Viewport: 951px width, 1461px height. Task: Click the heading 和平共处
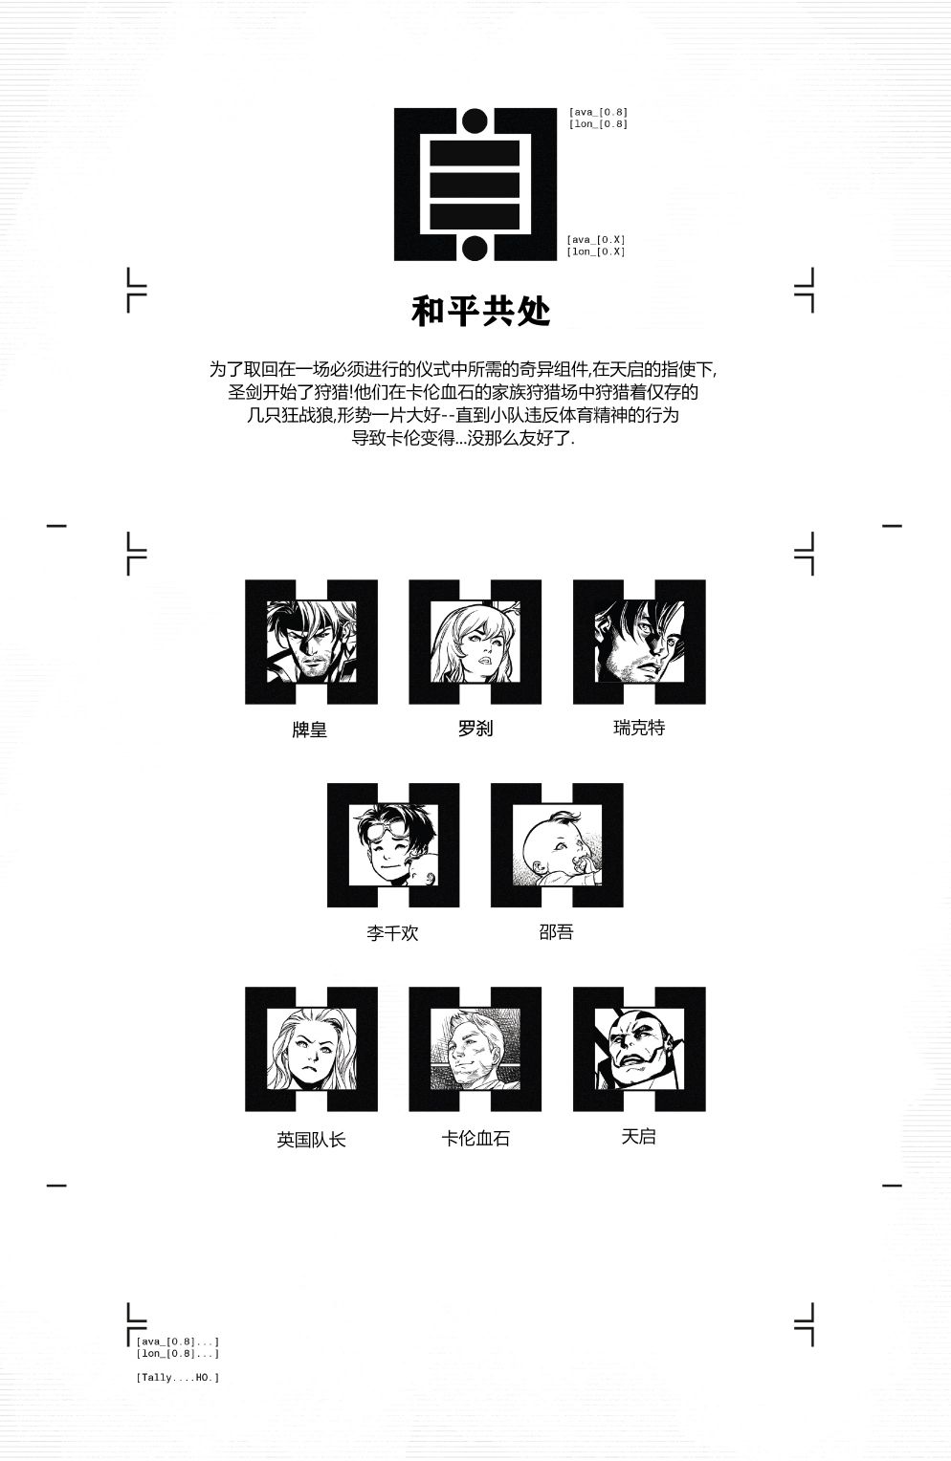tap(481, 311)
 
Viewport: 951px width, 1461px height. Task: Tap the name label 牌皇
tap(309, 730)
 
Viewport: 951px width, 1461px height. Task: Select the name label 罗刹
tap(475, 728)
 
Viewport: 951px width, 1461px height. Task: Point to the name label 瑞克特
tap(639, 728)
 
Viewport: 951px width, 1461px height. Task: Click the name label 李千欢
tap(392, 932)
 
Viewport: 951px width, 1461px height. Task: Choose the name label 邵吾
tap(556, 931)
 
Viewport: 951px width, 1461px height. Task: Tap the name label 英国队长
tap(311, 1140)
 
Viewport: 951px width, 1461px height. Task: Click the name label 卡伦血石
tap(475, 1138)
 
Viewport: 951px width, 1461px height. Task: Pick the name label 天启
tap(638, 1136)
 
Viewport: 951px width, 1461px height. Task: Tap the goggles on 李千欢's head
tap(390, 828)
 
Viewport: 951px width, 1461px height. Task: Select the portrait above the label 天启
tap(640, 1048)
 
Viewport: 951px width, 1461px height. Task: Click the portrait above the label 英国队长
tap(311, 1048)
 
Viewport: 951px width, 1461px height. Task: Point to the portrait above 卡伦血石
tap(475, 1048)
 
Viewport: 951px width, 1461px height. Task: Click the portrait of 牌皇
tap(311, 642)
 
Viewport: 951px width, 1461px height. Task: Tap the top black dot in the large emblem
tap(475, 120)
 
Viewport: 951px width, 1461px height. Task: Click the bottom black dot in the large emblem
tap(475, 248)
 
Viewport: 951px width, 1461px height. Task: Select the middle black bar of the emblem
tap(475, 185)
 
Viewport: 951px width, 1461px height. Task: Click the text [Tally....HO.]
tap(178, 1377)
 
